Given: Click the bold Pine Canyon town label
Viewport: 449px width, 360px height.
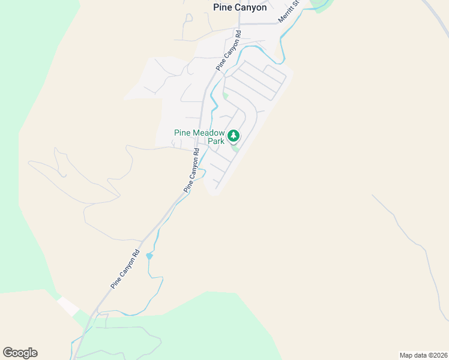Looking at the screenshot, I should click(x=240, y=8).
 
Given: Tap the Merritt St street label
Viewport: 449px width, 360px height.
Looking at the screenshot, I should click(x=289, y=12).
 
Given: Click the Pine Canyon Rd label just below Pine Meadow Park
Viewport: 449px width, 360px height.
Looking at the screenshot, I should click(x=193, y=170).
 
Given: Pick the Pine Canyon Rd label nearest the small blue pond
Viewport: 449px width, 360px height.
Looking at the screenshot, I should click(x=125, y=269).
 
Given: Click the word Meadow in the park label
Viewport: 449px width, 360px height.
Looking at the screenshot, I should click(x=208, y=133).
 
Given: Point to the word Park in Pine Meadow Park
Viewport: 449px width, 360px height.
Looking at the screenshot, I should click(x=215, y=142).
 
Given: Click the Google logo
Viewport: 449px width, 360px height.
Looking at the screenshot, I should click(x=20, y=353).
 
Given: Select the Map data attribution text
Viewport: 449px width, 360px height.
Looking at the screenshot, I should click(x=423, y=355).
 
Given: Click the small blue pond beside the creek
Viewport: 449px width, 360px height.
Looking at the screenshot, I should click(x=149, y=256).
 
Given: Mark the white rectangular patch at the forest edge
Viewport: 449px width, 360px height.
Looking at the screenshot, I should click(x=68, y=306).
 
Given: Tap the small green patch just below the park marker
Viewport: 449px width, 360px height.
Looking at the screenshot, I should click(x=236, y=148).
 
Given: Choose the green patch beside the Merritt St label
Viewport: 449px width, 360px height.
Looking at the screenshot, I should click(x=321, y=5).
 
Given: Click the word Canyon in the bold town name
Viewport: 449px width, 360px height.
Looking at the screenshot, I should click(x=250, y=8).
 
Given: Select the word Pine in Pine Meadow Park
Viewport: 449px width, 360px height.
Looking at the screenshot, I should click(x=182, y=133).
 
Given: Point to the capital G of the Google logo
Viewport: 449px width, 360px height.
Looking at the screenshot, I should click(x=8, y=353).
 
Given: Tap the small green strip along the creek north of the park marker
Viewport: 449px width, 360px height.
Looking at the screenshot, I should click(x=226, y=95).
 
